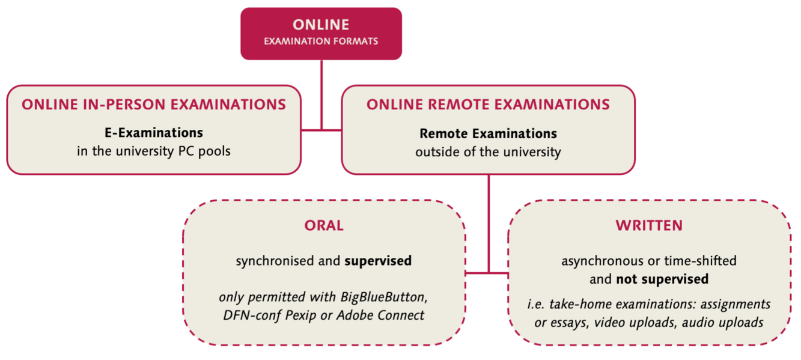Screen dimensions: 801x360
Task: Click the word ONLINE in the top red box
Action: pos(321,25)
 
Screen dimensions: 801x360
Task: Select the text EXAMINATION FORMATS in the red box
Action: pos(321,41)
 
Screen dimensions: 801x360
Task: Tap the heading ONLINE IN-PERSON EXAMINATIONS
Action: pos(154,105)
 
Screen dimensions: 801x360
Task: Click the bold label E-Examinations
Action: pos(154,133)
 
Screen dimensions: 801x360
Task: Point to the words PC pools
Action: pos(204,151)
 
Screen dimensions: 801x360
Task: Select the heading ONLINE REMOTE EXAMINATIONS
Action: pos(488,105)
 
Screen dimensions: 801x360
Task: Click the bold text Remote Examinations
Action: pos(488,133)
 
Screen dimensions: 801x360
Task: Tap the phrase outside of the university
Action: pos(488,152)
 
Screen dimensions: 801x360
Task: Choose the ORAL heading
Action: pos(324,225)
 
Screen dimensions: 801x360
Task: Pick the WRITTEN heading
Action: pos(649,225)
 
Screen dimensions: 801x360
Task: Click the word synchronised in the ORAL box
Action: pos(275,261)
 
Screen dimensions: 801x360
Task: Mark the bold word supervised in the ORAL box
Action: pos(378,261)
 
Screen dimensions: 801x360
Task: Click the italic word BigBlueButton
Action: pos(384,297)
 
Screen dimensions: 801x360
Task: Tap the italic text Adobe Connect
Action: pos(380,316)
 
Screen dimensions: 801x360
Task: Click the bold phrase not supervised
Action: pos(662,279)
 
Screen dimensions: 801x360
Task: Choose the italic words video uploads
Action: pos(636,323)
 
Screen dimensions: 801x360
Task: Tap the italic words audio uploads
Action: pos(723,323)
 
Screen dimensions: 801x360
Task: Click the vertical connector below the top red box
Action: pos(321,95)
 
